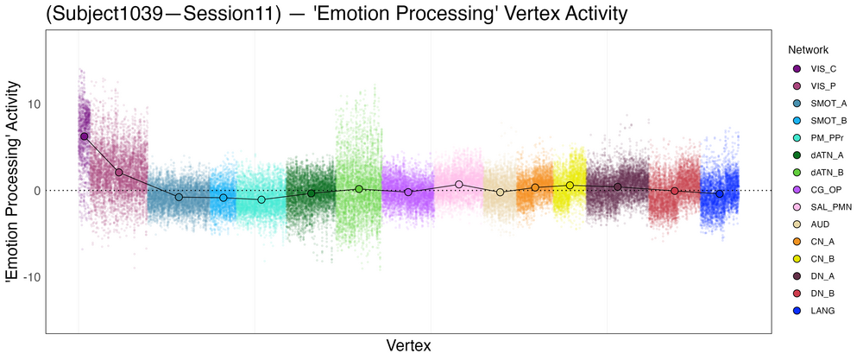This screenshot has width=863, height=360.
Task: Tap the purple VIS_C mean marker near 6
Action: pyautogui.click(x=85, y=136)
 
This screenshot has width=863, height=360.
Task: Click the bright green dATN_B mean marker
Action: pyautogui.click(x=359, y=189)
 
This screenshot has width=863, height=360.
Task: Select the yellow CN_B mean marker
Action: pyautogui.click(x=570, y=186)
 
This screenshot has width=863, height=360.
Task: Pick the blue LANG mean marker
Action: pyautogui.click(x=720, y=194)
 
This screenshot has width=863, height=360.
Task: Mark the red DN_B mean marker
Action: pyautogui.click(x=675, y=191)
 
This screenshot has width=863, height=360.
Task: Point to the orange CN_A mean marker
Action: pyautogui.click(x=535, y=187)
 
